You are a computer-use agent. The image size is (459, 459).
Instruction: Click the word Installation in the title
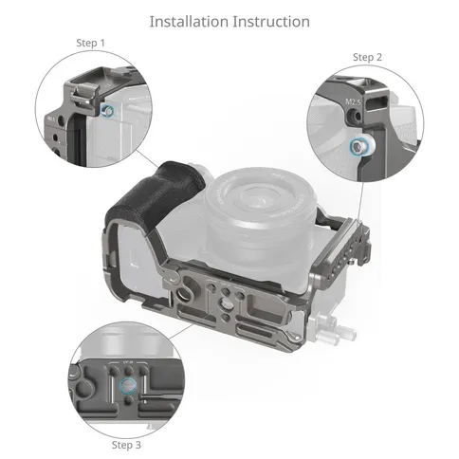click(189, 22)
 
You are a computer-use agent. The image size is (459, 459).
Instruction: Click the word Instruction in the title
click(271, 22)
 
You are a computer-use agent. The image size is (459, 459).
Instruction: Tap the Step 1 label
click(90, 43)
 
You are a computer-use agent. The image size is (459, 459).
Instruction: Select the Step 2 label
click(367, 57)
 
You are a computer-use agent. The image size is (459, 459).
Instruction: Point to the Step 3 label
click(126, 445)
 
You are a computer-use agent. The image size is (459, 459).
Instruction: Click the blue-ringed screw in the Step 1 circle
click(107, 111)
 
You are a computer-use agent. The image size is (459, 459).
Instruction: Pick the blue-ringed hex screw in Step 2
click(358, 147)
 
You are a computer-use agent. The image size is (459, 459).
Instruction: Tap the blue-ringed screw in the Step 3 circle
click(128, 386)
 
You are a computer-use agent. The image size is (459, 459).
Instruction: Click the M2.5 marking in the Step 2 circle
click(353, 101)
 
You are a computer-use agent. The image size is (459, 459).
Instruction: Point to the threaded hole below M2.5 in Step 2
click(354, 117)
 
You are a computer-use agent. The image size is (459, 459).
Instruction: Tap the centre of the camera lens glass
click(261, 200)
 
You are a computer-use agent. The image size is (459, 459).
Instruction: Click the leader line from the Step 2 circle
click(361, 201)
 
